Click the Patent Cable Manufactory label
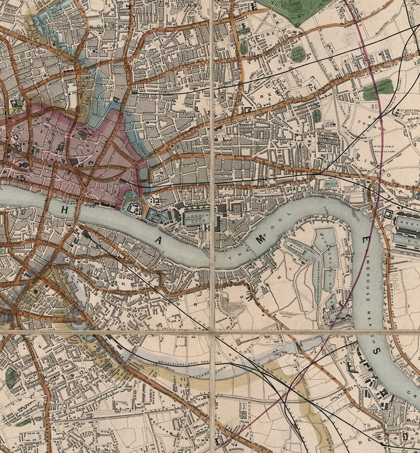tap(384, 149)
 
